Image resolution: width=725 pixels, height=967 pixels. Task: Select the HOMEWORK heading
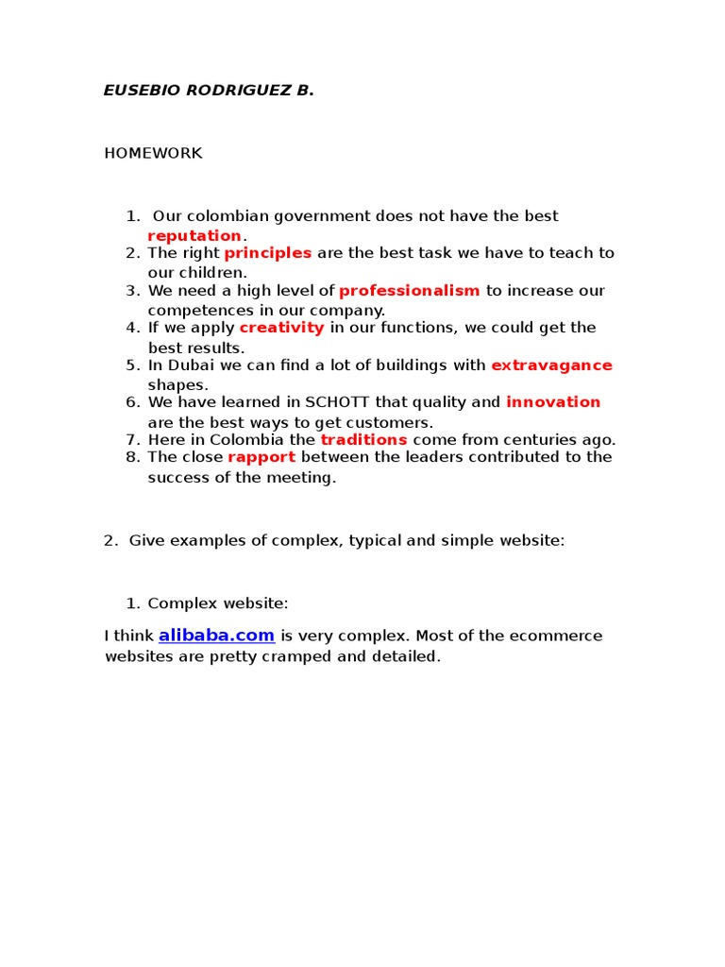[x=153, y=153]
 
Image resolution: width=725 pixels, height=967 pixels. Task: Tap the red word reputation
[x=194, y=235]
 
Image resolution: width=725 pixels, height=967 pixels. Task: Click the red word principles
[x=268, y=253]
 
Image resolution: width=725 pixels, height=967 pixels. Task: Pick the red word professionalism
[x=410, y=291]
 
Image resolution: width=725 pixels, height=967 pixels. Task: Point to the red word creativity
[x=281, y=328]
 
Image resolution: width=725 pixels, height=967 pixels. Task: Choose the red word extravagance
[x=551, y=365]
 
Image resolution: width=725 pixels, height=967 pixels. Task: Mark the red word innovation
[x=553, y=402]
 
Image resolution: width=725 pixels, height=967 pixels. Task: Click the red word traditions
[x=363, y=439]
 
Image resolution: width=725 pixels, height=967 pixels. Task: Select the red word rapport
[x=261, y=457]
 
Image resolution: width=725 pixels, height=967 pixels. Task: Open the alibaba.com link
[x=216, y=636]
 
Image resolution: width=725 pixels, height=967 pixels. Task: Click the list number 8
[x=131, y=457]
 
